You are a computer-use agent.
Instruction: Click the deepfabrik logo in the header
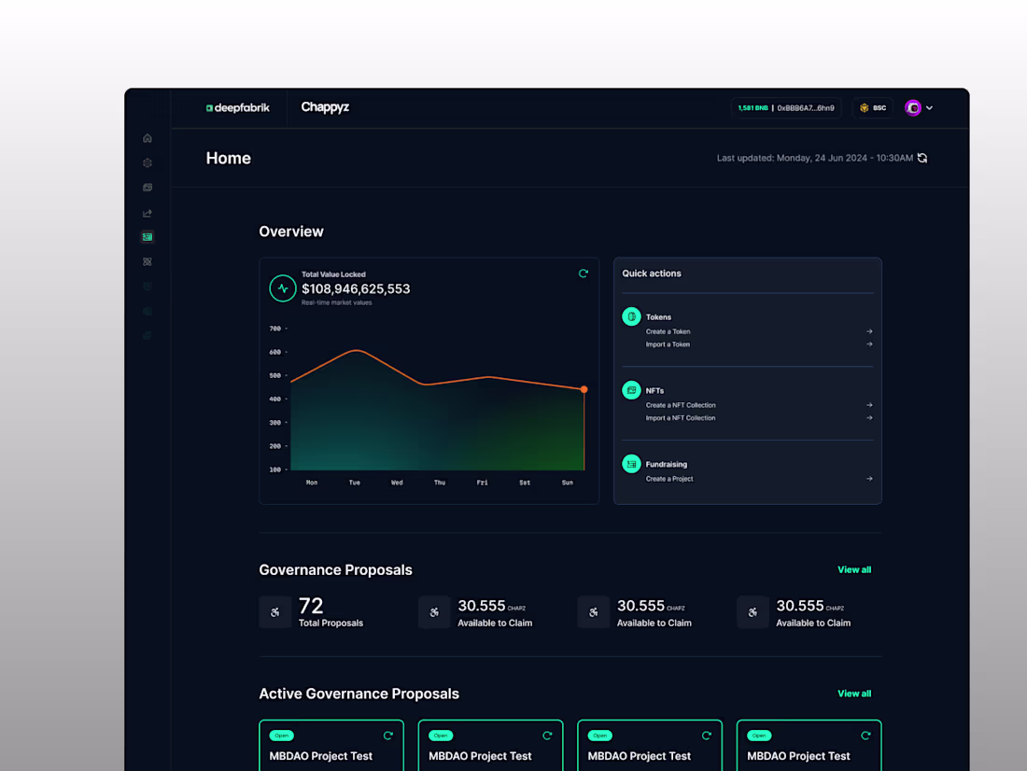click(238, 108)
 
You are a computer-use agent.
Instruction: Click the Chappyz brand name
click(325, 107)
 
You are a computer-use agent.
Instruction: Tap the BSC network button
click(873, 108)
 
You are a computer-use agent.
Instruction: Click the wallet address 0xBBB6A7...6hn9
click(806, 108)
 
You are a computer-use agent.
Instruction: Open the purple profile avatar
click(913, 108)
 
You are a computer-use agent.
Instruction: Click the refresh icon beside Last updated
click(922, 159)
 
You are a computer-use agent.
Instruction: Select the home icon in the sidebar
click(148, 138)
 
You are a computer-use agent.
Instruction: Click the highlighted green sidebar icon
click(148, 237)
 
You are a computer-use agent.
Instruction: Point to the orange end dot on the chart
click(584, 389)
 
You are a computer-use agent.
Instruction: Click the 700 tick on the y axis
click(275, 329)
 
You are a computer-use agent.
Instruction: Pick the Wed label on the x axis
click(397, 483)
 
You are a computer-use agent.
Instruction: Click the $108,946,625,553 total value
click(356, 289)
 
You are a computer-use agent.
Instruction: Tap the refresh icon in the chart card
click(584, 273)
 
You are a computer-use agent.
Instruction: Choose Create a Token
click(668, 331)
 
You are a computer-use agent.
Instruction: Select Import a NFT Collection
click(681, 418)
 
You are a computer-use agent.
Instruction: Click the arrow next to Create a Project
click(869, 479)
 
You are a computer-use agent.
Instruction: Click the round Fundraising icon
click(632, 464)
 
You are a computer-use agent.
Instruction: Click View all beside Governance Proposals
click(854, 569)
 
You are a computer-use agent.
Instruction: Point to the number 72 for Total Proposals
click(311, 606)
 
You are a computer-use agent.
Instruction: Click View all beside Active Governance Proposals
click(854, 694)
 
